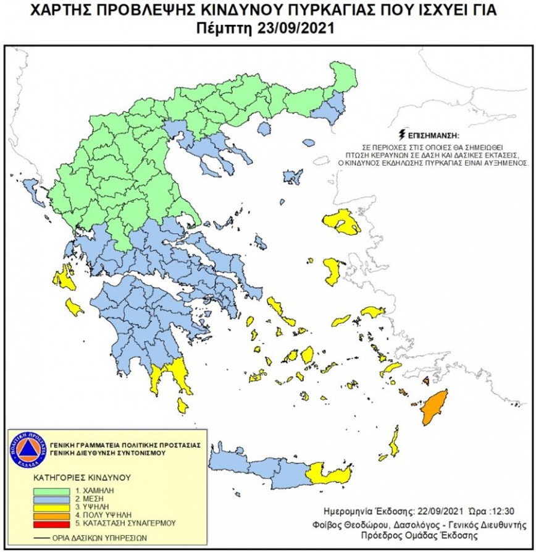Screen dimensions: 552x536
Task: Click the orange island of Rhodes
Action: (433, 407)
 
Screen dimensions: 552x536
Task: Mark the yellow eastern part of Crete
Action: (330, 473)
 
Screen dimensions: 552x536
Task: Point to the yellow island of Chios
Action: (333, 268)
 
